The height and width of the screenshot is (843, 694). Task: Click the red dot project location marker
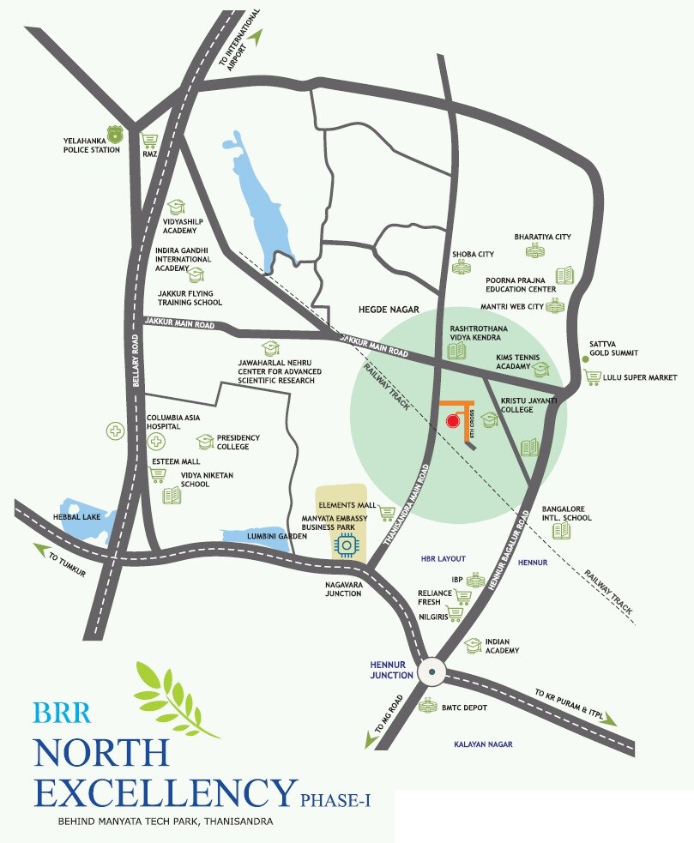(453, 420)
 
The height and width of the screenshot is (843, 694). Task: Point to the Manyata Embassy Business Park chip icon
(347, 545)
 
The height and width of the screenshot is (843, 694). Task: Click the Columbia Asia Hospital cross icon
(155, 442)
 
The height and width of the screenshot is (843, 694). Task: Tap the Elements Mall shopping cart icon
(387, 513)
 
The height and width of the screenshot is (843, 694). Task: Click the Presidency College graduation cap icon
(205, 442)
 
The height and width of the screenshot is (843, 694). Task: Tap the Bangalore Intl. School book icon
(561, 531)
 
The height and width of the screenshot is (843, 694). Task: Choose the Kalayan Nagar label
(483, 744)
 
